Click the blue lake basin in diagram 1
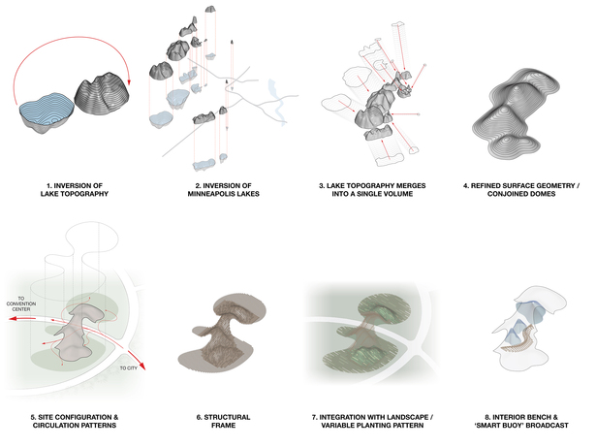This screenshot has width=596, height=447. pos(47,113)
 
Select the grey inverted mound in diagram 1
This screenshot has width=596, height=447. pos(102,94)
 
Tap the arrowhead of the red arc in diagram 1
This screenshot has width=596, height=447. pos(129,81)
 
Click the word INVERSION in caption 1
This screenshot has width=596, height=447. pos(69,185)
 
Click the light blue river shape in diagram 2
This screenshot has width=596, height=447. pos(277,102)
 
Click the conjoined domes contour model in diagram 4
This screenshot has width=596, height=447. pos(517,113)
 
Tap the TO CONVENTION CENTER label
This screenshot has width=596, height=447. pos(21,303)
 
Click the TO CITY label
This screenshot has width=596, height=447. pos(129,367)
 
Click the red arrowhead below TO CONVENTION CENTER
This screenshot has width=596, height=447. pos(15,319)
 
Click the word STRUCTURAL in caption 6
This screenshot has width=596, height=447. pos(227,417)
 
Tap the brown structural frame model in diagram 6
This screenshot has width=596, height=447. pos(222,332)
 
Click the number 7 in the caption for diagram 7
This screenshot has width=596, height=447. pos(314,417)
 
